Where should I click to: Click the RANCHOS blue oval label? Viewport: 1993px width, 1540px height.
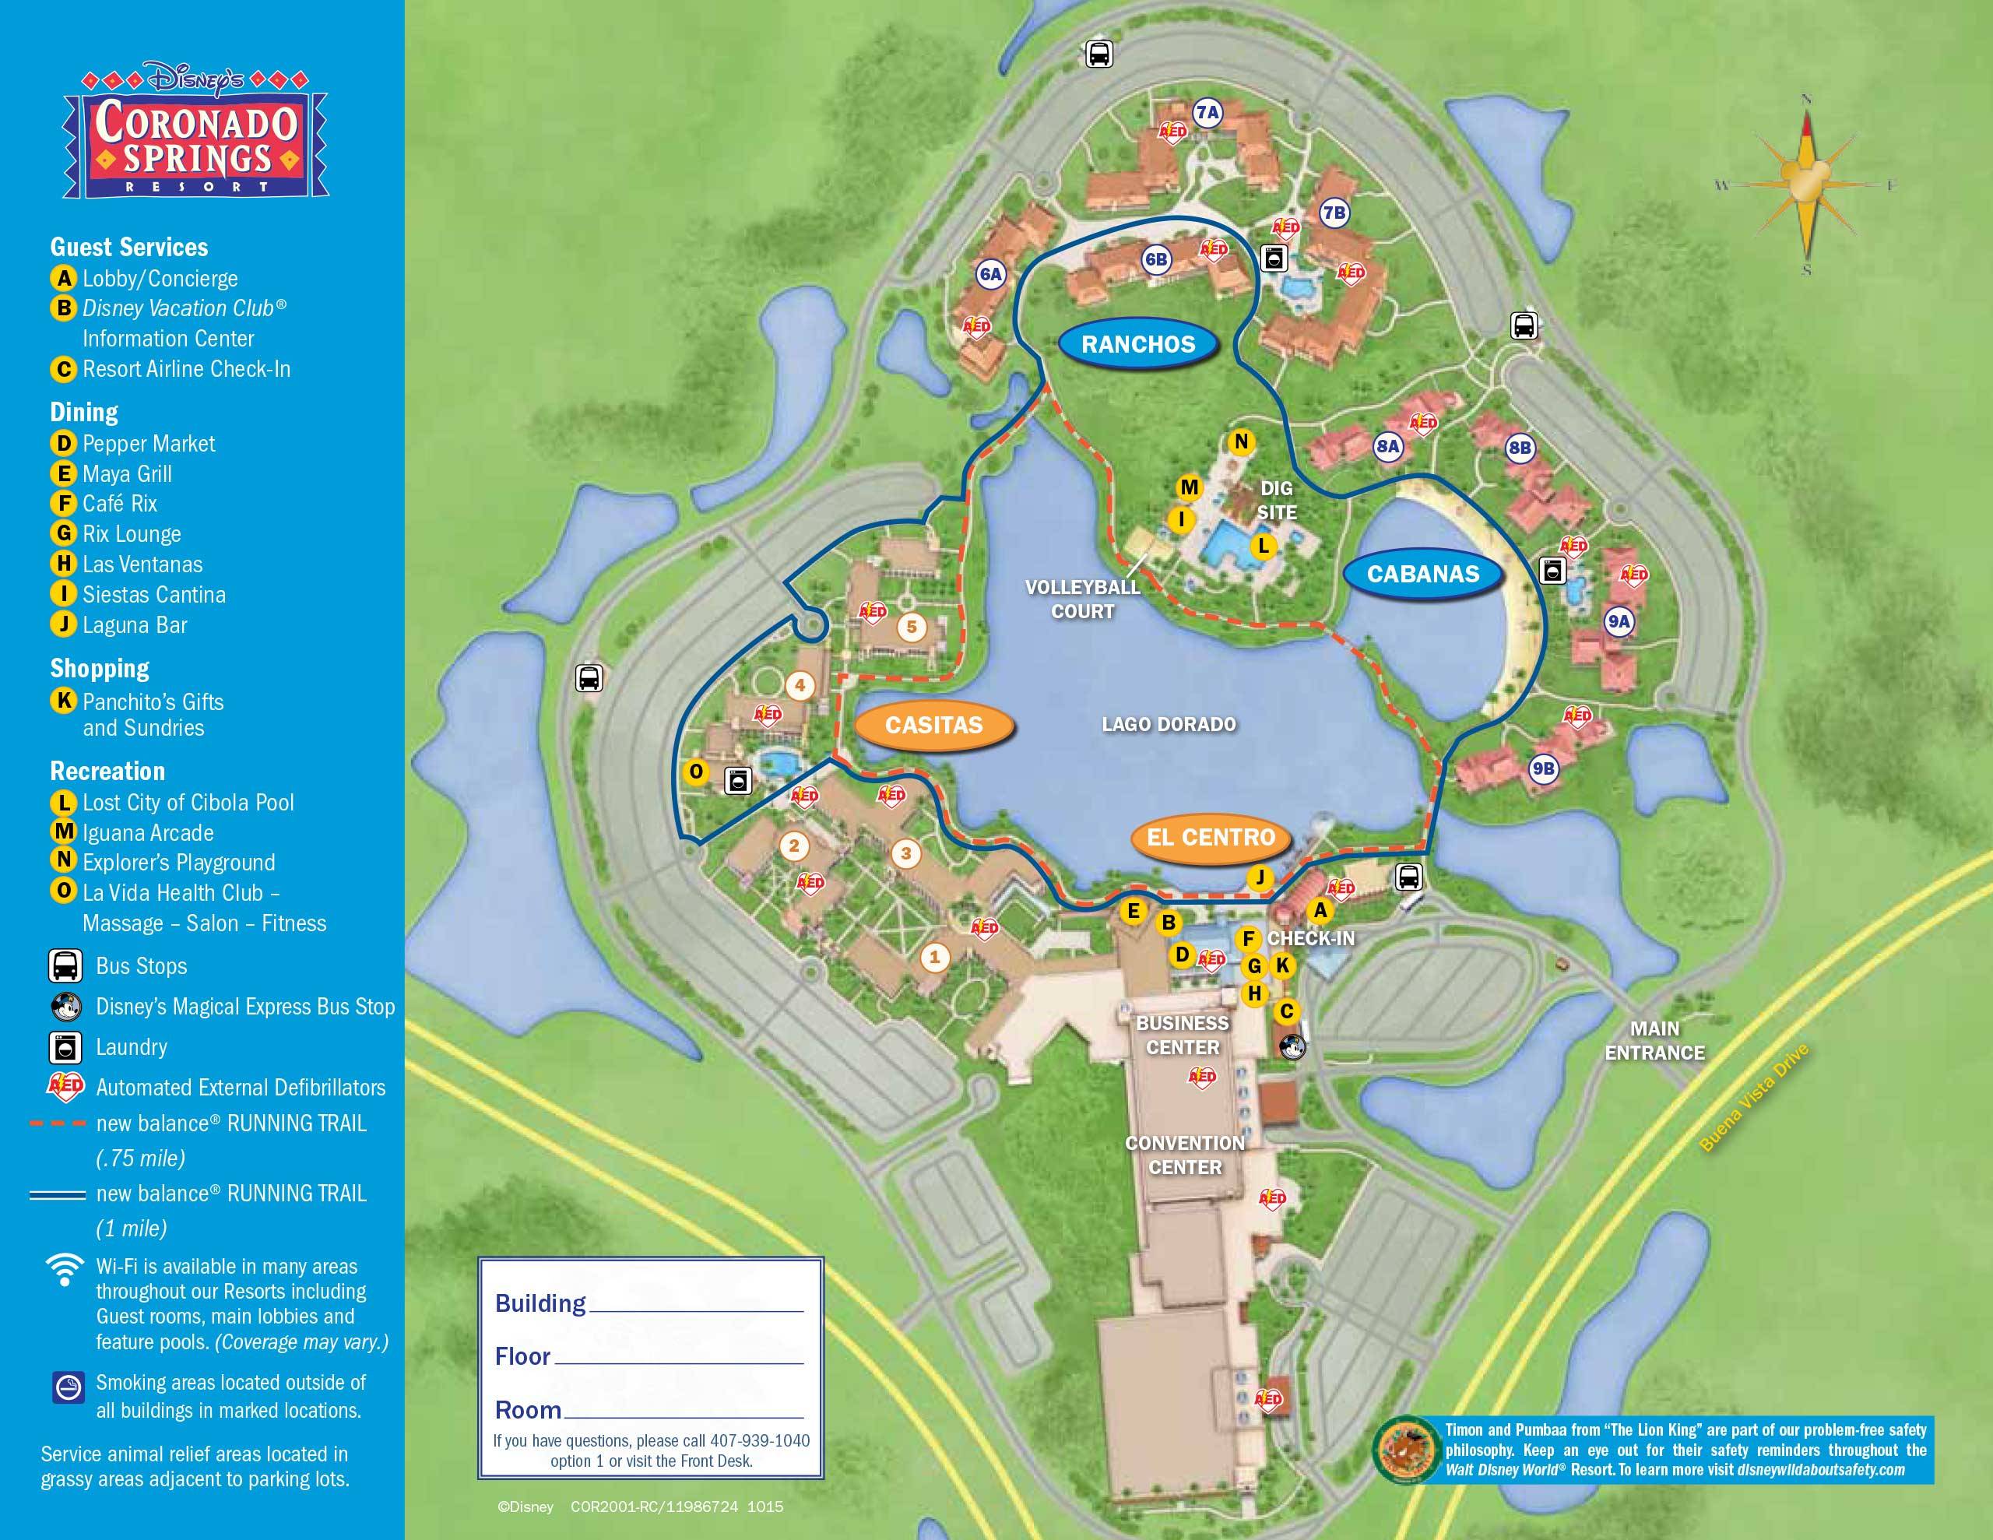click(1138, 344)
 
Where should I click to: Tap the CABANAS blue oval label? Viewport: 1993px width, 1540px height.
click(1422, 574)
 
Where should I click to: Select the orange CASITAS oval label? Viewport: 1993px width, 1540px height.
click(933, 725)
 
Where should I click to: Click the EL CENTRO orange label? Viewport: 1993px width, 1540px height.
click(1210, 837)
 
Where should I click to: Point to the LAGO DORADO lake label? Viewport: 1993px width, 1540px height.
click(1168, 724)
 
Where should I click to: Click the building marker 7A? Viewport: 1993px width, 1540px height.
click(1207, 112)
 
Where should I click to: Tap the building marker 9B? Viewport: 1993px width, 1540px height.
click(1543, 768)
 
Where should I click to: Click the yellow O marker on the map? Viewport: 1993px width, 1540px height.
click(696, 772)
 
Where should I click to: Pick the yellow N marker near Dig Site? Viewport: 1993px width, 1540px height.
click(1241, 441)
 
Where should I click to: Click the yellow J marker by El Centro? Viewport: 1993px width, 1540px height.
click(1260, 877)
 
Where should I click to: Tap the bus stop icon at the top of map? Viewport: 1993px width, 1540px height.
click(1098, 54)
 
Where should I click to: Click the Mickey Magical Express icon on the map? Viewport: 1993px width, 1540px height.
click(1292, 1046)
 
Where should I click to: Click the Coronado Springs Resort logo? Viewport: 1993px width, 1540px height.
click(196, 135)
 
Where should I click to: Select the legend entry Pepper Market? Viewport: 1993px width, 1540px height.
click(148, 444)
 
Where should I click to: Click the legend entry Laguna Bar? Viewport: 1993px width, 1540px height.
click(134, 625)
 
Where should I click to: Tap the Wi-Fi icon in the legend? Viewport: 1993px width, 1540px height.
click(65, 1270)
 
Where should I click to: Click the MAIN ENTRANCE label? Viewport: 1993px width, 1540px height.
click(1654, 1041)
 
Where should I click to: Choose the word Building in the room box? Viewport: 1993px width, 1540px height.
click(540, 1303)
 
